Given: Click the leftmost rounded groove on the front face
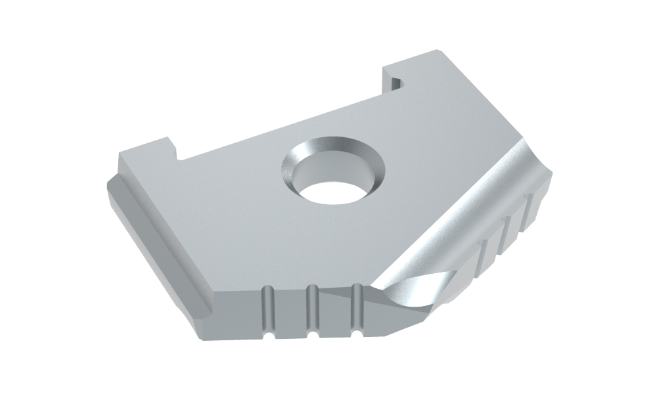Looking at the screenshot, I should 267,312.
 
